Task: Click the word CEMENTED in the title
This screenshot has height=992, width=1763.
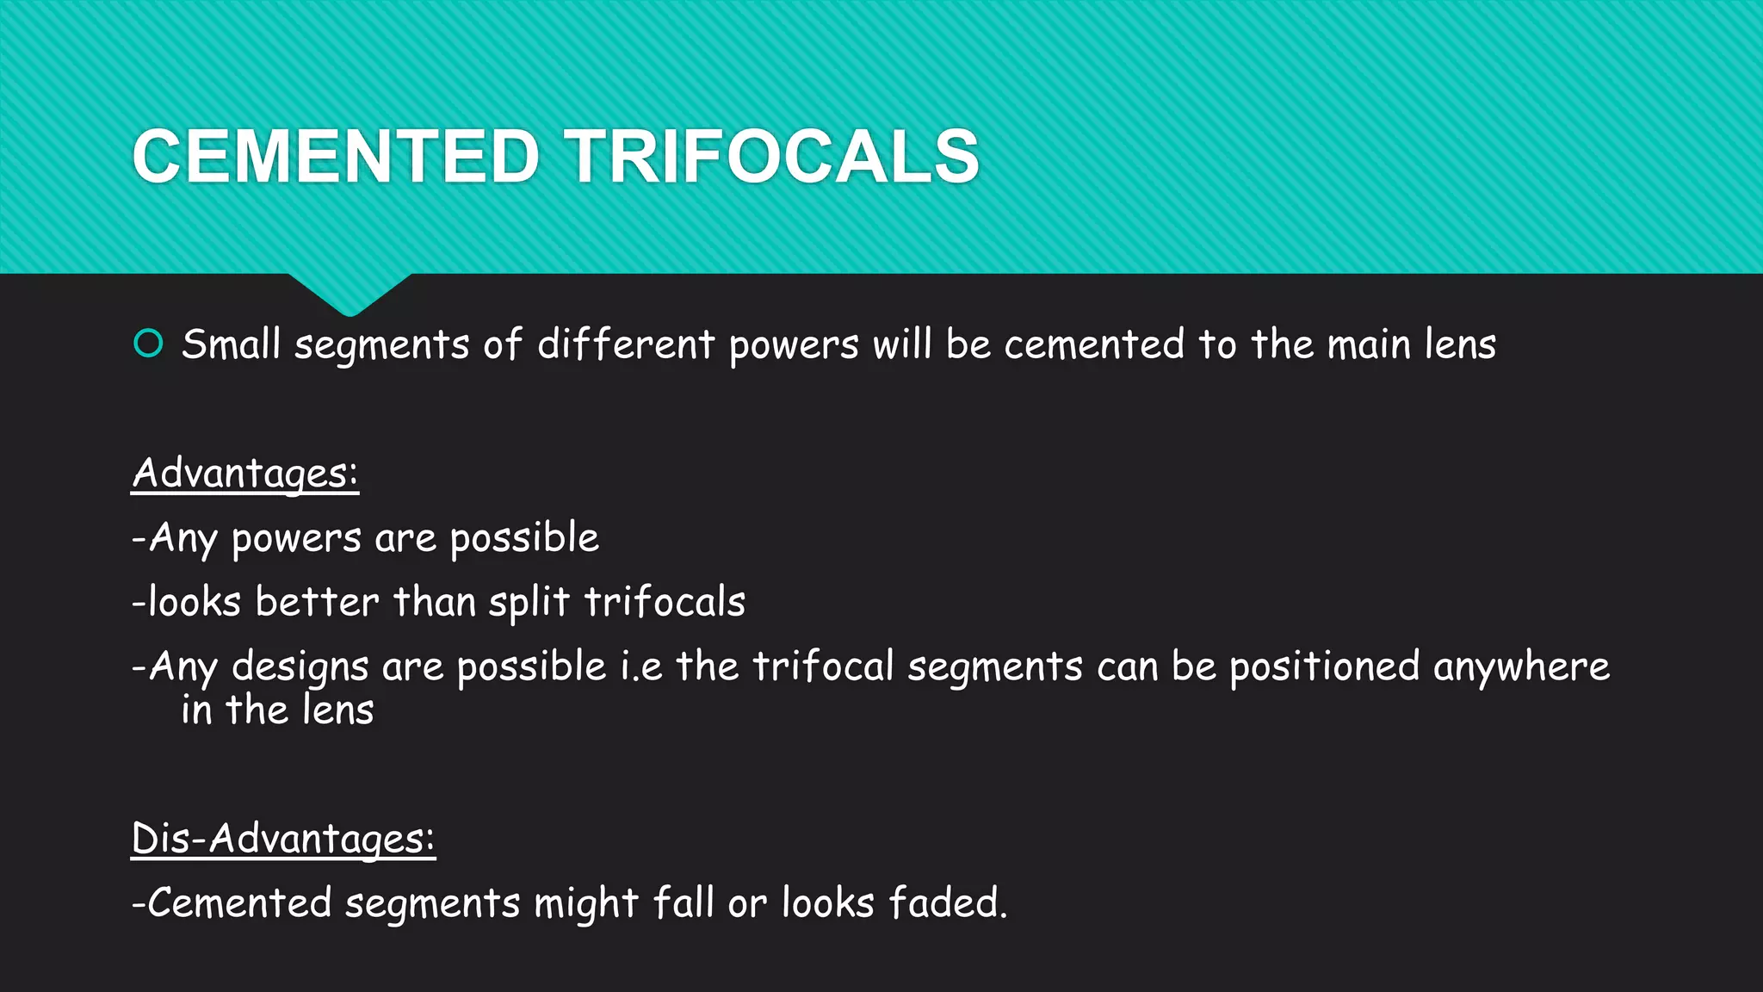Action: (336, 157)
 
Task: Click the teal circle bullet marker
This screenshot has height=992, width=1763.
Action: (149, 344)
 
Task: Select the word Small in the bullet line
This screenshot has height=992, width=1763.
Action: (231, 344)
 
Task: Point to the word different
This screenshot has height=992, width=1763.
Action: (626, 344)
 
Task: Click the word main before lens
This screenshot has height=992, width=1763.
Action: (1369, 344)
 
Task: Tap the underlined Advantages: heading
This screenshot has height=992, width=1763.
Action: (245, 474)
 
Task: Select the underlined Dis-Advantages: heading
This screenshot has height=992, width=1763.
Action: (283, 839)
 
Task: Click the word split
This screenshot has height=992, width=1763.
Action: (529, 602)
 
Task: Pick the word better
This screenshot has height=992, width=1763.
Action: (317, 602)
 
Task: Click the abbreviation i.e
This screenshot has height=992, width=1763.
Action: (641, 667)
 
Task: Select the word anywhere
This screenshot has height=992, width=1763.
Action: (1521, 667)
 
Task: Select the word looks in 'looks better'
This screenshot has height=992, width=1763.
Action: (194, 602)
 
